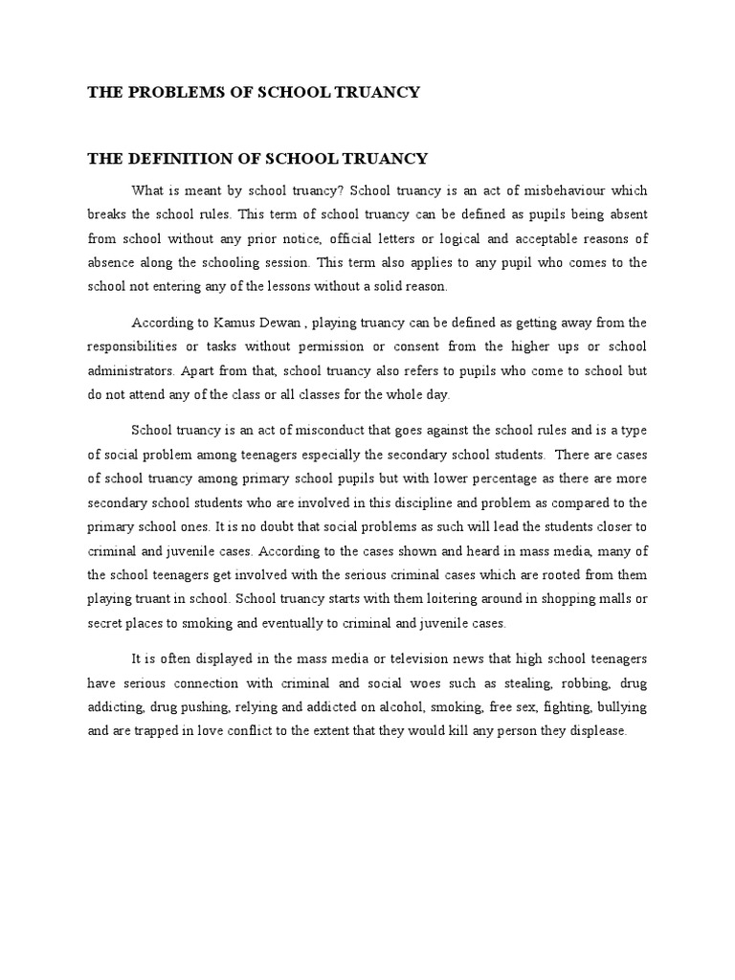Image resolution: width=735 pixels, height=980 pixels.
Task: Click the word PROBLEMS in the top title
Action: (167, 92)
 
